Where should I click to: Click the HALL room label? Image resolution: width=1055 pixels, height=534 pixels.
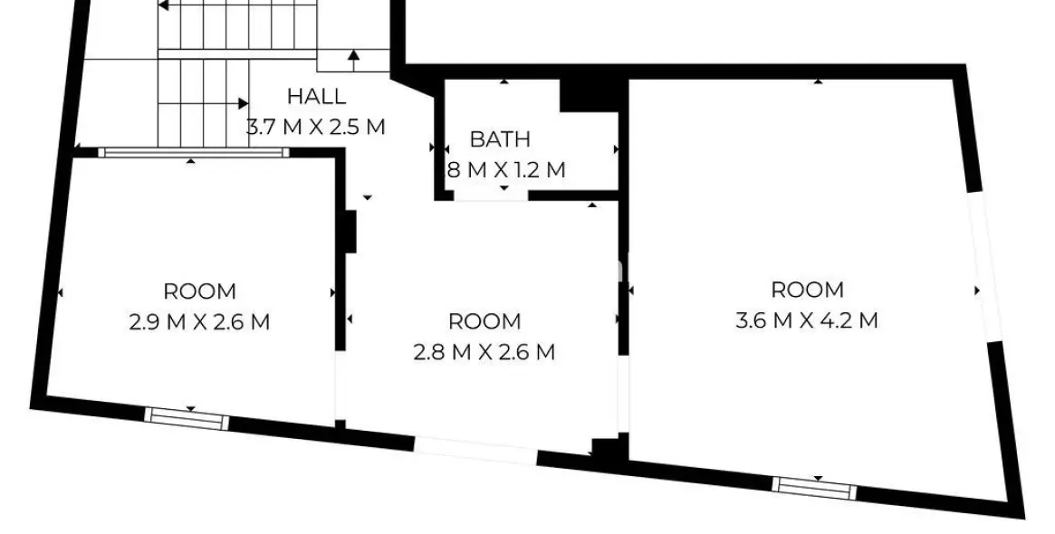point(316,96)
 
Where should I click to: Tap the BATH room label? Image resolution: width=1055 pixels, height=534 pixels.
point(500,139)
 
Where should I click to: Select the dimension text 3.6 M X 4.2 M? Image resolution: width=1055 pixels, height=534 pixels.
point(807,319)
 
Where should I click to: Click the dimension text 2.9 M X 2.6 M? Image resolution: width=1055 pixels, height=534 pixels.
point(199,321)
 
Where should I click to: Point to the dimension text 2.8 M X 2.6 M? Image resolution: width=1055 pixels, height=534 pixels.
point(484,351)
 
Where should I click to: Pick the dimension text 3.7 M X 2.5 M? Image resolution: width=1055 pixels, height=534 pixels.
point(316,126)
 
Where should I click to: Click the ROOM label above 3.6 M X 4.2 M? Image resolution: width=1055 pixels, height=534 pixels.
point(807,290)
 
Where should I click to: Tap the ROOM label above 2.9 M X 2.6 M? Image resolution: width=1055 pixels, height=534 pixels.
point(199,291)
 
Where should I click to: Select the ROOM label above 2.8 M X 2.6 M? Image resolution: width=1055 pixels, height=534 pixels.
point(484,321)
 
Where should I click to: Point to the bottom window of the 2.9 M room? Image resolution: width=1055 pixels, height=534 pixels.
point(187,417)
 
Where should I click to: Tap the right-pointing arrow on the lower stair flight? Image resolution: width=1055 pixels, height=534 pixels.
point(243,103)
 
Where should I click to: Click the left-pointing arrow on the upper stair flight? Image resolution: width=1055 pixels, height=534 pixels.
point(163,5)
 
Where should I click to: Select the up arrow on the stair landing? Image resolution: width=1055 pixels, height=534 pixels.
point(352,57)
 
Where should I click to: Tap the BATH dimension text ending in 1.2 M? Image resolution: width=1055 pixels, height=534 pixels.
point(506,169)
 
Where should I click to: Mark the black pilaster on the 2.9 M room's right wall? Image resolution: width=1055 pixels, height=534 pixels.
point(349,232)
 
